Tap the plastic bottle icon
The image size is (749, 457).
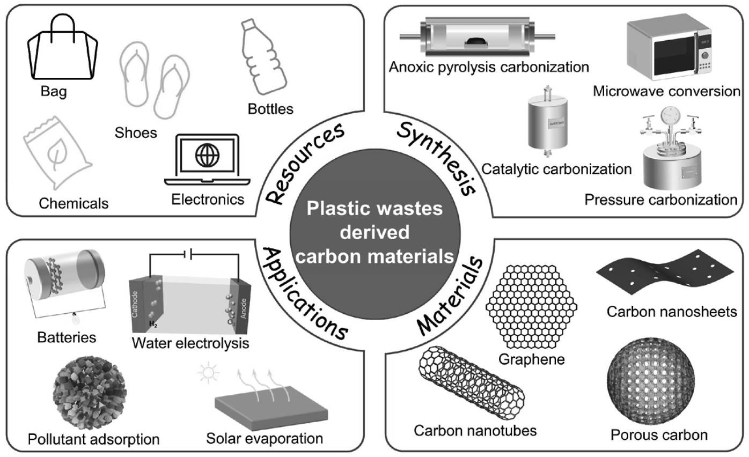(x=260, y=57)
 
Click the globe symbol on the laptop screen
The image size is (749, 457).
(x=207, y=156)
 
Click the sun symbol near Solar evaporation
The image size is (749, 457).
(x=208, y=372)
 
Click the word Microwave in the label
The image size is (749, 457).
(x=625, y=91)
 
